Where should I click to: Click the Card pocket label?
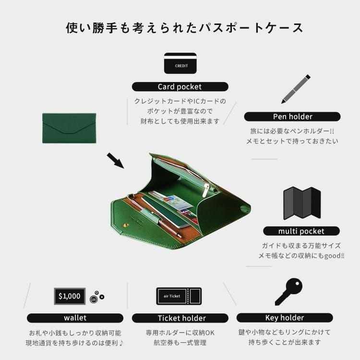[x=180, y=87]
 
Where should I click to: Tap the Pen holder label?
[x=292, y=117]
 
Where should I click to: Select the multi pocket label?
[x=301, y=231]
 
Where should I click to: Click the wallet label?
[x=75, y=318]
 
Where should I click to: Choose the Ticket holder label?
[x=180, y=318]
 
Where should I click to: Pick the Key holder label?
[x=285, y=318]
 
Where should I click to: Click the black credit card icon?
[x=180, y=63]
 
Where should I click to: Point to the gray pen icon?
[x=296, y=89]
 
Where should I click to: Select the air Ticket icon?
[x=179, y=296]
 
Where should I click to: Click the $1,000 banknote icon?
[x=70, y=296]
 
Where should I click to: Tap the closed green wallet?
[x=69, y=128]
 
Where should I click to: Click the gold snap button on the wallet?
[x=126, y=224]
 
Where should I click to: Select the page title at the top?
[x=185, y=28]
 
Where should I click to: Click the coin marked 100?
[x=94, y=300]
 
